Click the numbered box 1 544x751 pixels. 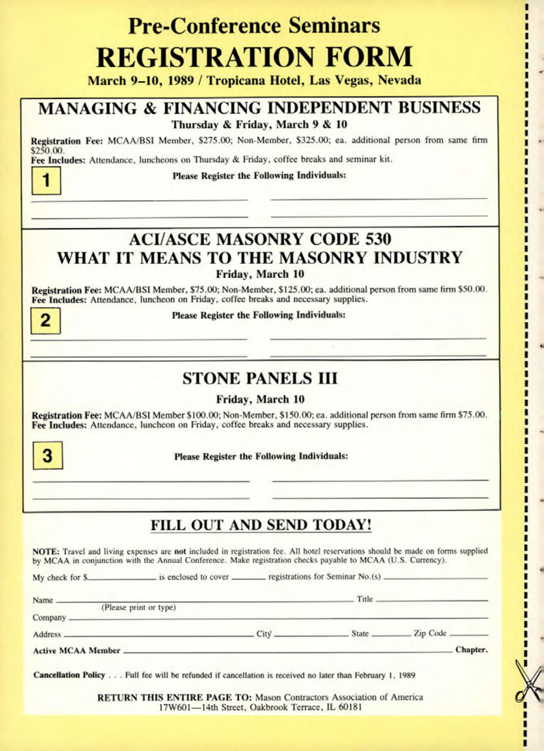tap(46, 181)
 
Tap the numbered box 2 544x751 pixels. tap(45, 321)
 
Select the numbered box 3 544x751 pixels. tap(48, 455)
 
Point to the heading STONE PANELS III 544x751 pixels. tap(260, 378)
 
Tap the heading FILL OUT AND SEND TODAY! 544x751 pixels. tap(261, 525)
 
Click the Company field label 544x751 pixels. tap(49, 618)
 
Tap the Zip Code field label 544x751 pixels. tap(430, 633)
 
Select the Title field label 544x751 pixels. tap(365, 599)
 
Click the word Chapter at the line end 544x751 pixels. tap(471, 650)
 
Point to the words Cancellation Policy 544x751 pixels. tap(69, 675)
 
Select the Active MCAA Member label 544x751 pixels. tap(76, 651)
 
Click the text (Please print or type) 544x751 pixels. tap(138, 607)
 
